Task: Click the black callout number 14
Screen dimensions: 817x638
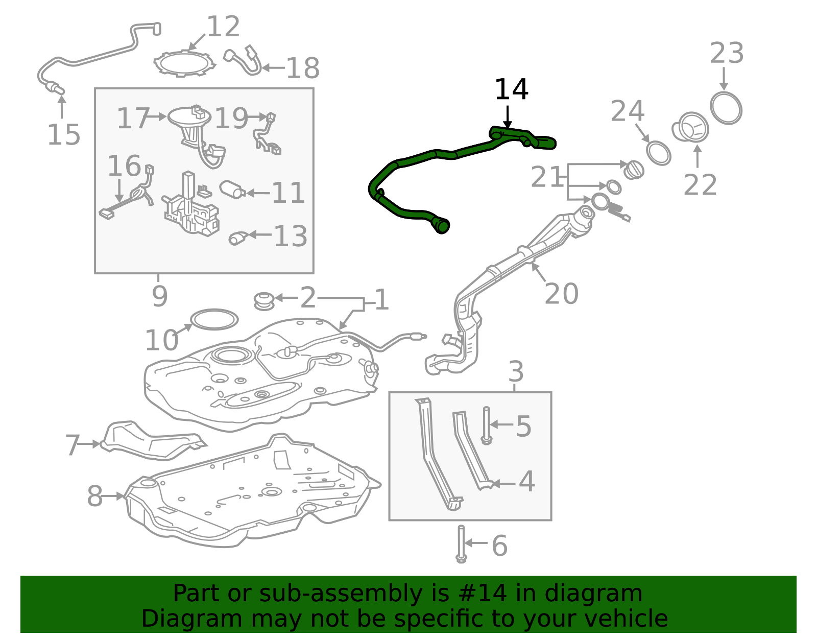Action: click(511, 89)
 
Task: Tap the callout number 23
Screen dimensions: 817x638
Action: click(727, 53)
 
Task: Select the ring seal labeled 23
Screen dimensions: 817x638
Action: click(726, 108)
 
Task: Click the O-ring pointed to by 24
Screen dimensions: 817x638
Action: click(658, 153)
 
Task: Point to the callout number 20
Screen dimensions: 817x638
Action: click(561, 294)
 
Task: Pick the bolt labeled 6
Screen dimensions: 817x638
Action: click(461, 544)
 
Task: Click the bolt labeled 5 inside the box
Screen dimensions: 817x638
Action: click(486, 426)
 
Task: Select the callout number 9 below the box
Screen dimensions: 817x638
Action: click(160, 296)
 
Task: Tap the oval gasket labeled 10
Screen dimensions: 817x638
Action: click(214, 320)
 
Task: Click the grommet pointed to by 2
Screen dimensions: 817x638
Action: click(265, 301)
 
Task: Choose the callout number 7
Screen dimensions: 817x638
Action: click(73, 445)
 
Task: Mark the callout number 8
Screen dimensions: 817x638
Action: click(95, 496)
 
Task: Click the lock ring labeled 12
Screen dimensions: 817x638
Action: click(184, 63)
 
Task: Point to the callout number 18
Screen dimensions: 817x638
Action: click(303, 68)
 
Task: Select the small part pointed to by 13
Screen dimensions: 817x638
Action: click(238, 238)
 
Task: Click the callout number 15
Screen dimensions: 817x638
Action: click(63, 134)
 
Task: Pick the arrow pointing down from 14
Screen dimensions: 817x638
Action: click(508, 117)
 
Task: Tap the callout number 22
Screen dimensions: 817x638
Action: click(700, 185)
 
